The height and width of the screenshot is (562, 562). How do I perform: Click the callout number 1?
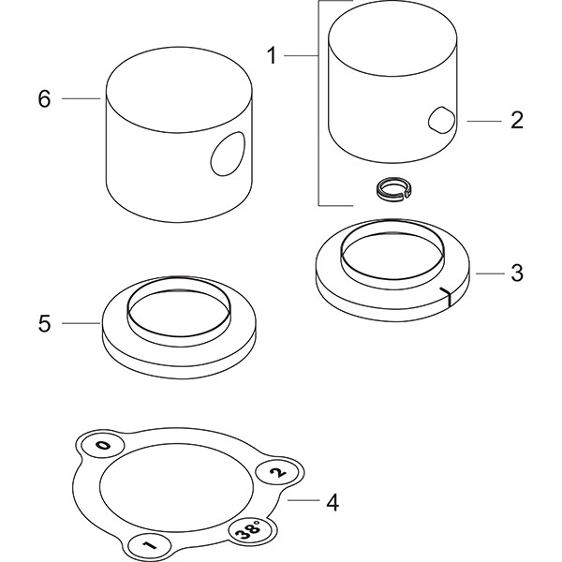272,56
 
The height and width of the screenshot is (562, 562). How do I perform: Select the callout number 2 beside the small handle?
517,120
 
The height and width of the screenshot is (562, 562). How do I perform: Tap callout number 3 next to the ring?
517,274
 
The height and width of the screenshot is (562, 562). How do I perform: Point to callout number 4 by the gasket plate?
333,502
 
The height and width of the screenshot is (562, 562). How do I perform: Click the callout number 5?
44,324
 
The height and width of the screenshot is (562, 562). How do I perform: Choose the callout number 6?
44,98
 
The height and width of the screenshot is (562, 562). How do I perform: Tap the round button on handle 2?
441,120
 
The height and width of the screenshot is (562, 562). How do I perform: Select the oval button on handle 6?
228,154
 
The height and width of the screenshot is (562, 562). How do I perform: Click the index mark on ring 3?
447,296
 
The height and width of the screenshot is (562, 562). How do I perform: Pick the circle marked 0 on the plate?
103,446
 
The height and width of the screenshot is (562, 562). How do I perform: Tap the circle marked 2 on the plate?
276,473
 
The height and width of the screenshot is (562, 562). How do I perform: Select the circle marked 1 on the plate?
149,545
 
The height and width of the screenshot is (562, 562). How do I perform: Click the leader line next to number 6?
81,98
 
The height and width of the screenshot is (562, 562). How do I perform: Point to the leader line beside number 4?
303,500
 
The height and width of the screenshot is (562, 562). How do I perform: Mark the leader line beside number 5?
81,323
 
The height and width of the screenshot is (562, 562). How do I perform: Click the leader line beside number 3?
490,274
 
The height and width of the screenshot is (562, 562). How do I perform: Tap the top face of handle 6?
179,90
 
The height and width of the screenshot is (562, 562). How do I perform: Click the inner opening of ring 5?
179,313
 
